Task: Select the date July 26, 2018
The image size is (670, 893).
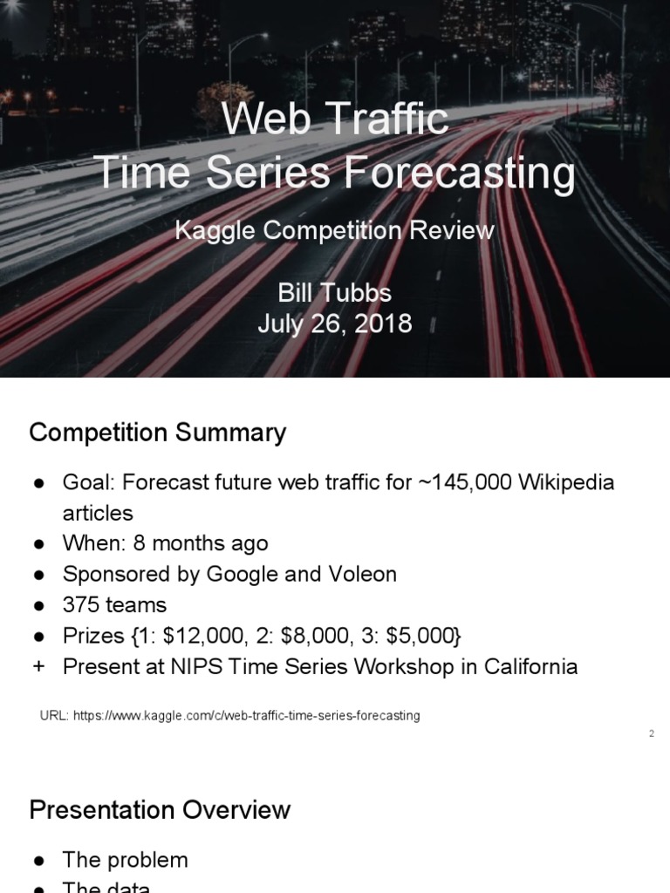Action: coord(334,324)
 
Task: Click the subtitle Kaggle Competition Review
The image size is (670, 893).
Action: coord(334,230)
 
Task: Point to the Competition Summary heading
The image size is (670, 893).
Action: coord(157,433)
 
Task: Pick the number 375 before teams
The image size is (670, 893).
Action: coord(79,604)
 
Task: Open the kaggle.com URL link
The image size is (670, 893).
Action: coord(246,715)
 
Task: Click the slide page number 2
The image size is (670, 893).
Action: coord(651,733)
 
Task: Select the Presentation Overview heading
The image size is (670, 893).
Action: coord(160,809)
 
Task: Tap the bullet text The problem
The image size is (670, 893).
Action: coord(125,860)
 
